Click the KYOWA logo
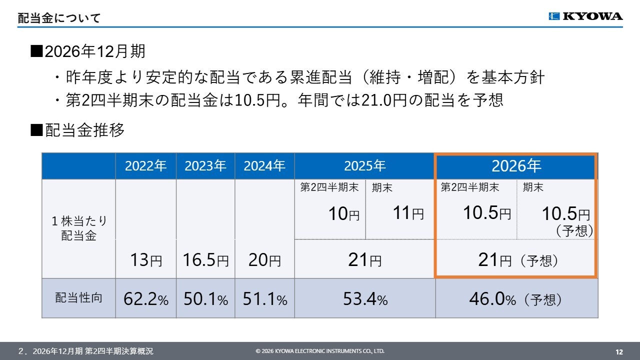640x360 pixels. [585, 16]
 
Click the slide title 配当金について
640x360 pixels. [59, 18]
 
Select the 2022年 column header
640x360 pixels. [145, 166]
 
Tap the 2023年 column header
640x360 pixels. [205, 166]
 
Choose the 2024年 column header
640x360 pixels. [264, 166]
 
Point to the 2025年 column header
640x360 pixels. [364, 166]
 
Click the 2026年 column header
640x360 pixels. [516, 165]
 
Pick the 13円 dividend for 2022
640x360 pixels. [146, 260]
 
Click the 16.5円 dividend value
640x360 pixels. [205, 260]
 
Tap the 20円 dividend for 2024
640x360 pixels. [264, 260]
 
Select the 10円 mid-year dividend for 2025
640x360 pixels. [343, 213]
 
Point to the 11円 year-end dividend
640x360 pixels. [408, 213]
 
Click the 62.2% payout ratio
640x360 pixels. [146, 299]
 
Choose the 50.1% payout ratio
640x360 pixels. [205, 299]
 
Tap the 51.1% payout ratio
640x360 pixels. [265, 299]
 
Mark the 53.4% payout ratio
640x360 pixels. [365, 299]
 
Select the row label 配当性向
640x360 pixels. [78, 297]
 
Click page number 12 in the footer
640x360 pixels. [619, 351]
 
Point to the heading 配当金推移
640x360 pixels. [84, 130]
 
